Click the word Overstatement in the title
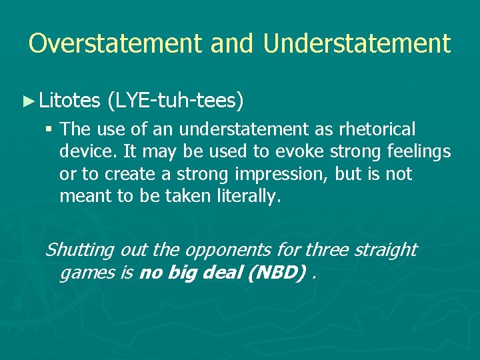click(x=115, y=43)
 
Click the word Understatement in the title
click(x=357, y=43)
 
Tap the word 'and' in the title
click(x=231, y=43)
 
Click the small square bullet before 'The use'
click(x=50, y=129)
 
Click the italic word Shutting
click(x=79, y=250)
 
